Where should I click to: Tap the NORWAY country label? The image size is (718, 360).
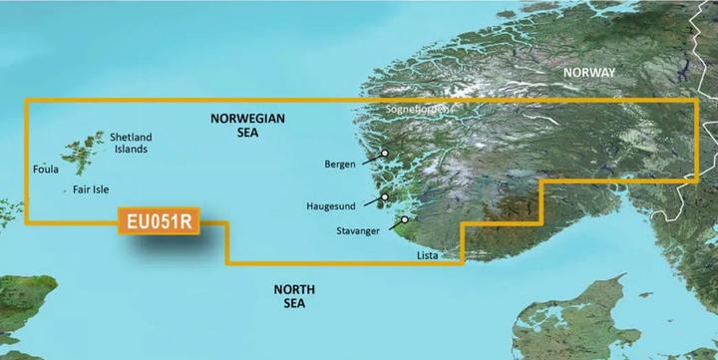[588, 72]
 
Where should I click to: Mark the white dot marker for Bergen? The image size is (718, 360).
[385, 153]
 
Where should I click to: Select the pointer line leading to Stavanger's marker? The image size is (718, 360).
[393, 223]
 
